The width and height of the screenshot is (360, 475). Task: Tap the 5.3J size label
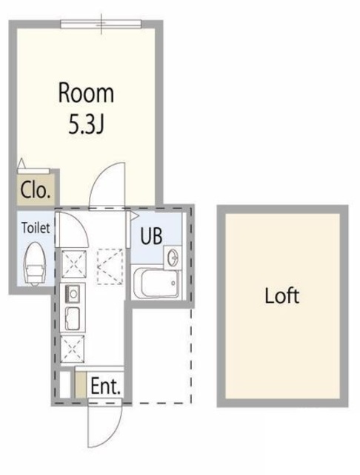pyautogui.click(x=87, y=124)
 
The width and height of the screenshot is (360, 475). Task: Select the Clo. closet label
pyautogui.click(x=36, y=190)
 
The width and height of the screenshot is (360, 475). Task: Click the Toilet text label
pyautogui.click(x=36, y=228)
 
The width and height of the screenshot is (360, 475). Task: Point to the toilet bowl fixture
pyautogui.click(x=35, y=264)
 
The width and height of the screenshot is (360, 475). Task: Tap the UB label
pyautogui.click(x=151, y=236)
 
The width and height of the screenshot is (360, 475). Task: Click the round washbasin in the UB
pyautogui.click(x=173, y=258)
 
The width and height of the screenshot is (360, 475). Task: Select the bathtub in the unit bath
pyautogui.click(x=156, y=283)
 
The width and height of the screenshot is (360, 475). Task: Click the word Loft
pyautogui.click(x=282, y=295)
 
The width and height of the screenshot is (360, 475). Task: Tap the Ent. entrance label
pyautogui.click(x=105, y=386)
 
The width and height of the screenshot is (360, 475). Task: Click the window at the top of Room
pyautogui.click(x=101, y=24)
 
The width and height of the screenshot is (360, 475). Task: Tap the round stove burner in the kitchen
pyautogui.click(x=73, y=293)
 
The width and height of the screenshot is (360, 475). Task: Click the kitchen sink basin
pyautogui.click(x=73, y=318)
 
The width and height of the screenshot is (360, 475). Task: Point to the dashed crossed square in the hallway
pyautogui.click(x=110, y=266)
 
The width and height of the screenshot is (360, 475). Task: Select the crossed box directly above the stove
pyautogui.click(x=74, y=264)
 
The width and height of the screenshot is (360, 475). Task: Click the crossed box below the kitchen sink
pyautogui.click(x=73, y=350)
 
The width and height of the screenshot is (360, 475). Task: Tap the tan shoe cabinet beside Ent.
pyautogui.click(x=81, y=384)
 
